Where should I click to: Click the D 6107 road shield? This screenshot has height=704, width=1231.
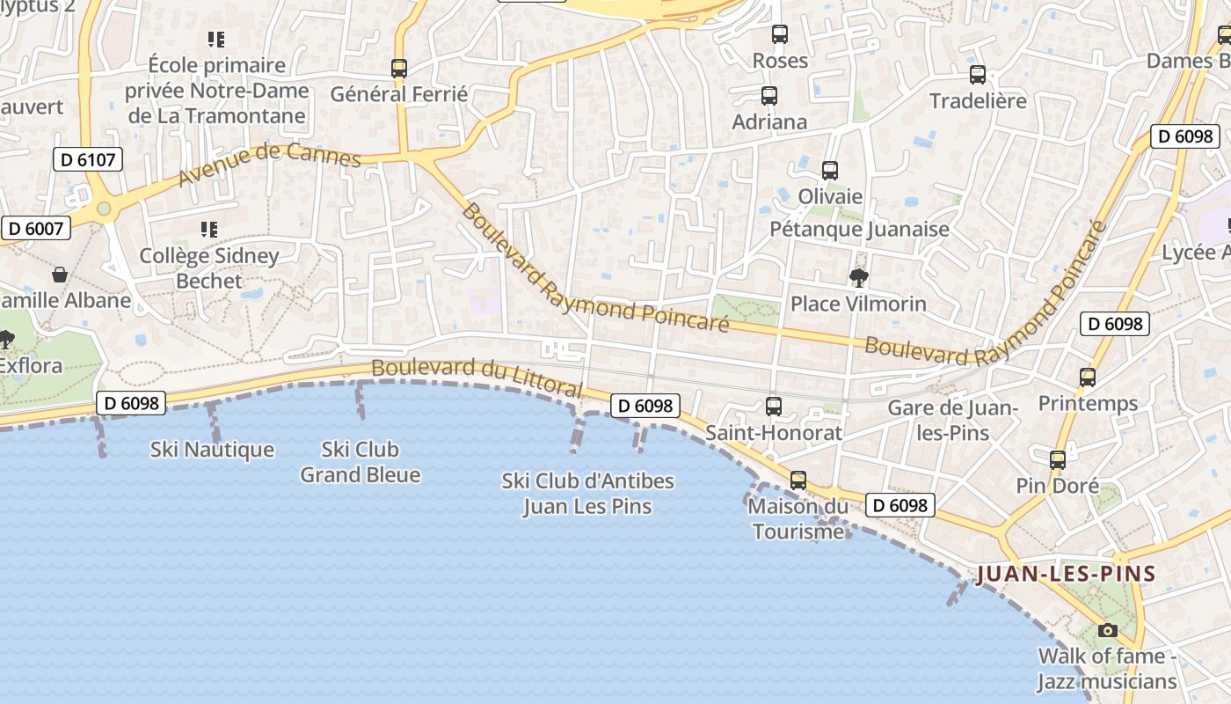tap(88, 159)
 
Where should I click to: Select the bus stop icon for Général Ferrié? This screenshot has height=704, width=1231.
tap(399, 68)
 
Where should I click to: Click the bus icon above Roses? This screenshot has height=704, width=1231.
tap(780, 34)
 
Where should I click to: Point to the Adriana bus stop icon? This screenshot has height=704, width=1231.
tap(769, 96)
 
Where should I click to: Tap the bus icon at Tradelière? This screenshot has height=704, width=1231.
tap(978, 75)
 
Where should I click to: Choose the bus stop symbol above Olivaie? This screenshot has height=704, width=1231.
tap(830, 171)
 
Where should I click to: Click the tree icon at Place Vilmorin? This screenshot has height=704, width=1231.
tap(859, 278)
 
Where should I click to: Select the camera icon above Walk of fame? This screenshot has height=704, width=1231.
tap(1108, 630)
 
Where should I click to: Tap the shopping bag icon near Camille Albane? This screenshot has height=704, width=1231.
tap(60, 275)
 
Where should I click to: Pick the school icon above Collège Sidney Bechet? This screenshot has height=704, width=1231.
tap(209, 230)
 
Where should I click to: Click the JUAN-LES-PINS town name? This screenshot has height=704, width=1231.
tap(1067, 575)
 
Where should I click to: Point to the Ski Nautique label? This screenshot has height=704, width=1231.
tap(212, 450)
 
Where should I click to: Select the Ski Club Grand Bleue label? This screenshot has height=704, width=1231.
tap(361, 462)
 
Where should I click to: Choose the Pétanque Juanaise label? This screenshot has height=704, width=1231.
tap(859, 229)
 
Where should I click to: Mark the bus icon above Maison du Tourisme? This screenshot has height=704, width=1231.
tap(798, 480)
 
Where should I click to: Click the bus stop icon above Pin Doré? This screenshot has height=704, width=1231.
tap(1058, 459)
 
